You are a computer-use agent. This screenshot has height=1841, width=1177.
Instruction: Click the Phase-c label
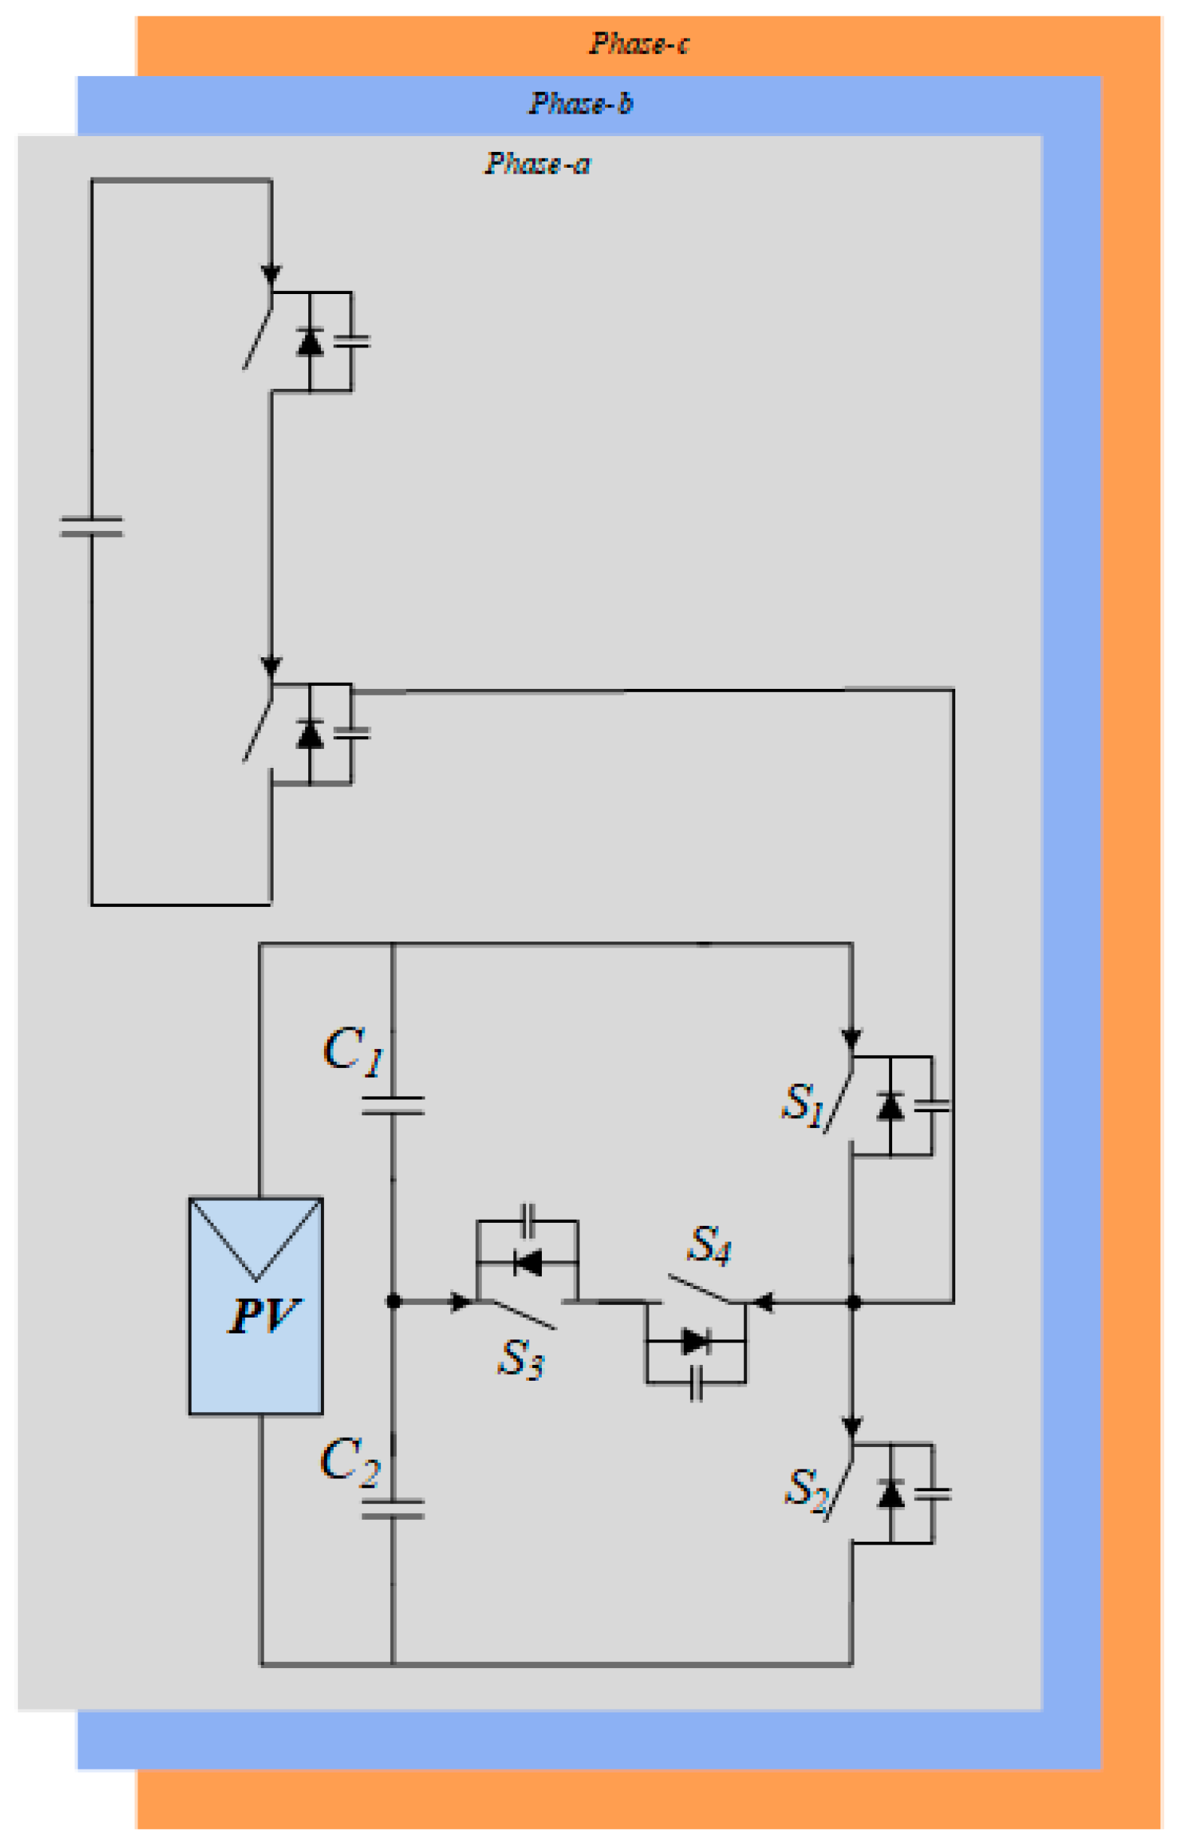pyautogui.click(x=638, y=44)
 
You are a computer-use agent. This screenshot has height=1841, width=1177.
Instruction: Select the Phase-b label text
pyautogui.click(x=581, y=103)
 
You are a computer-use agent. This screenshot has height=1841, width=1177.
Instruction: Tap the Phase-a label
pyautogui.click(x=537, y=163)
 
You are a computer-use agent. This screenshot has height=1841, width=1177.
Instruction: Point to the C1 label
pyautogui.click(x=352, y=1051)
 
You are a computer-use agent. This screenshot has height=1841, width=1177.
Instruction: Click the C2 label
pyautogui.click(x=349, y=1460)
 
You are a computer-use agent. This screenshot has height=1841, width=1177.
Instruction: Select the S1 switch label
pyautogui.click(x=802, y=1105)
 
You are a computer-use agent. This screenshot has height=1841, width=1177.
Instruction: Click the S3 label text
pyautogui.click(x=520, y=1359)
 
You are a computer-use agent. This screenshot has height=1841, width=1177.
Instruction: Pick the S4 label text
pyautogui.click(x=710, y=1245)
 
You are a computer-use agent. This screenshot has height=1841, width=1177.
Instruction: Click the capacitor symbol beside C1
pyautogui.click(x=393, y=1105)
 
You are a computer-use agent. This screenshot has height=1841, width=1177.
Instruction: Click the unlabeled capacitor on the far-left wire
pyautogui.click(x=92, y=526)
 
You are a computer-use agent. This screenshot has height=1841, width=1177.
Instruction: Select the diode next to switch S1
pyautogui.click(x=891, y=1106)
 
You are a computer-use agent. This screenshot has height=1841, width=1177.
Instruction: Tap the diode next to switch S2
pyautogui.click(x=891, y=1493)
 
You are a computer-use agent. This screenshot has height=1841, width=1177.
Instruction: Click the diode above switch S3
pyautogui.click(x=528, y=1262)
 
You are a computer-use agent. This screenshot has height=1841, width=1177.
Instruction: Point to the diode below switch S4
pyautogui.click(x=695, y=1341)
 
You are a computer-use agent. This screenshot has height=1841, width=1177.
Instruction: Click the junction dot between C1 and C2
pyautogui.click(x=394, y=1300)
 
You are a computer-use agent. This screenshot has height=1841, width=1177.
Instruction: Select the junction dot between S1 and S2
pyautogui.click(x=854, y=1302)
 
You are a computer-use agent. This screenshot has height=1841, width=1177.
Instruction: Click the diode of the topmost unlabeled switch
pyautogui.click(x=310, y=341)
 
